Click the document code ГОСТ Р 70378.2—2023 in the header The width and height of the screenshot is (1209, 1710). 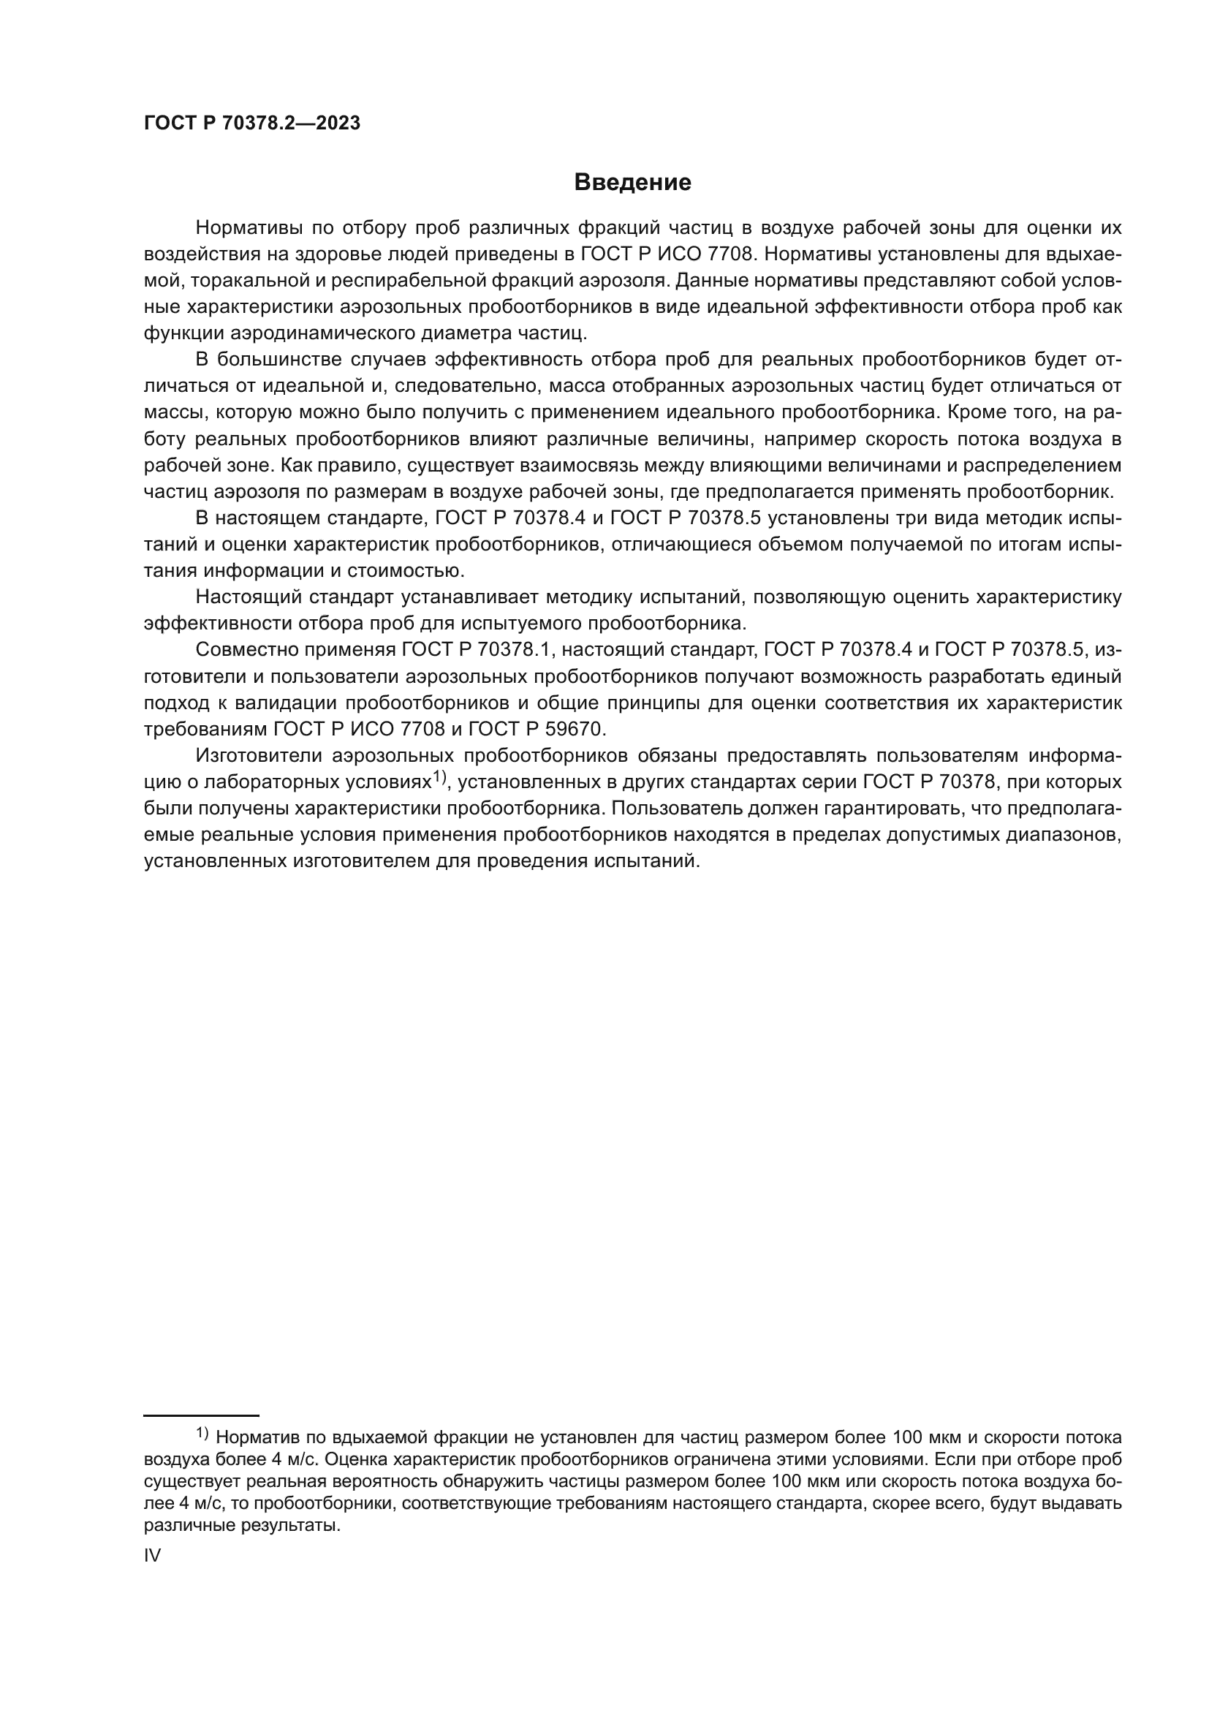click(x=251, y=124)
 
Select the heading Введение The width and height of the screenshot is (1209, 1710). click(x=633, y=183)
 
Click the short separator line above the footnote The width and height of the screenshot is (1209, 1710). click(x=201, y=1415)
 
